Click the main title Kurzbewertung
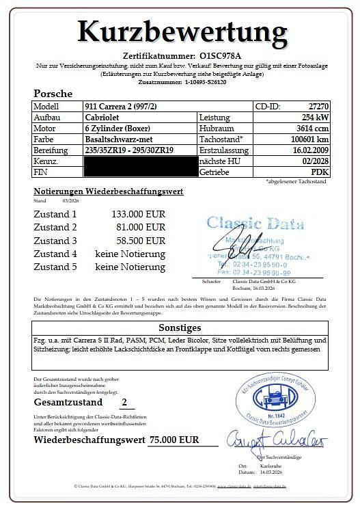coord(181,31)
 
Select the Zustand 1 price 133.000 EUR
coord(138,214)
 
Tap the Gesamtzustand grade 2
coord(123,403)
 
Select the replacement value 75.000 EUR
coord(174,440)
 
